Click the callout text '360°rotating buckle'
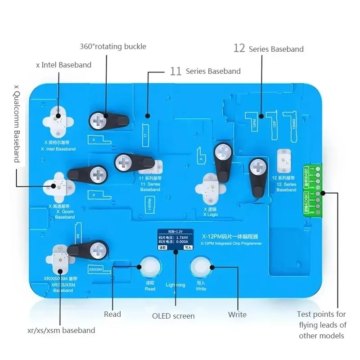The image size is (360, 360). click(113, 46)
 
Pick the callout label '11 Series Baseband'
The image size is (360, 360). click(205, 71)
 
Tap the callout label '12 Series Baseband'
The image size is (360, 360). click(268, 49)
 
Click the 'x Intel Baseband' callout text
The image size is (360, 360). click(63, 65)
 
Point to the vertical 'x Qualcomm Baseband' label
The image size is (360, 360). click(17, 123)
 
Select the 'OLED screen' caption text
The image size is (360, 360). click(173, 316)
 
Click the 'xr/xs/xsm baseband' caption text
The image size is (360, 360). click(61, 330)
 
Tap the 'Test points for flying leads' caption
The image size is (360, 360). click(321, 325)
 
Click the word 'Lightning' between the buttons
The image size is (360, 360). click(175, 285)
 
